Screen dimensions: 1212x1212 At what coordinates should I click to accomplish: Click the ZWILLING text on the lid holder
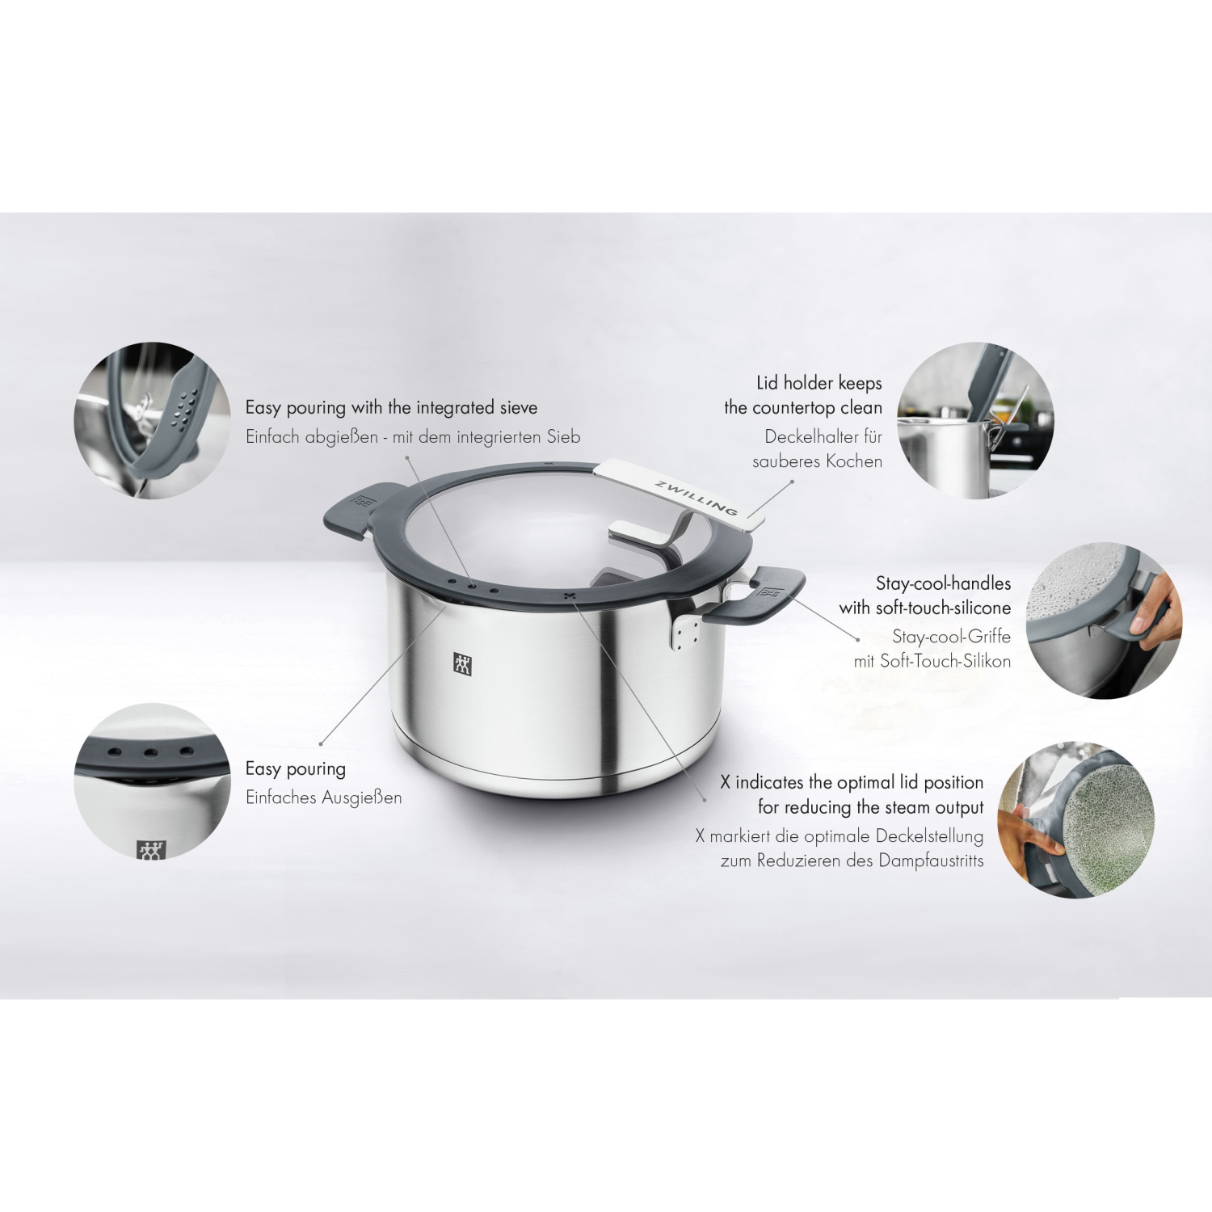(696, 494)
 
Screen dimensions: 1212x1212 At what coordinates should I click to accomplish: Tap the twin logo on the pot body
(463, 664)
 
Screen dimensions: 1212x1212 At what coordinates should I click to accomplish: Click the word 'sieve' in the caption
(512, 407)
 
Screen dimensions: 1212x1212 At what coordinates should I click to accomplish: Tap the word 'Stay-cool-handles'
(943, 583)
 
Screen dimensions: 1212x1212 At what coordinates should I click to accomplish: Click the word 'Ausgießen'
(361, 797)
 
